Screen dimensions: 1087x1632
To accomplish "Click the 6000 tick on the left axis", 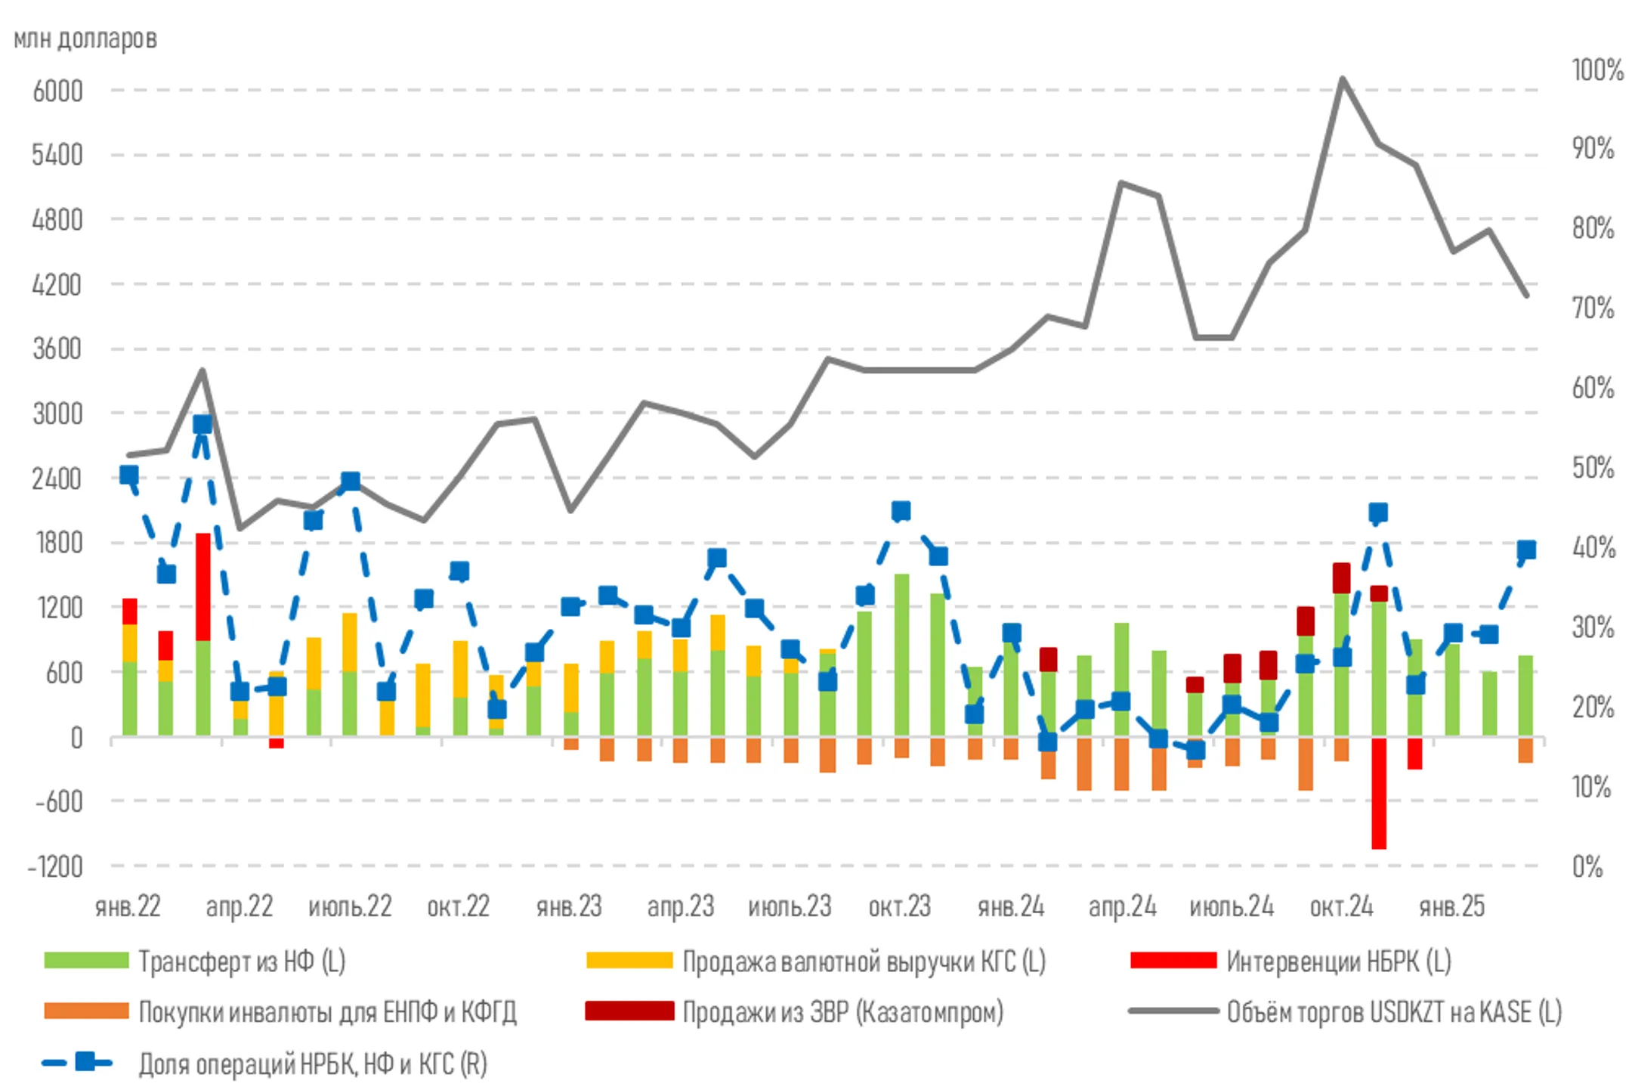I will pos(57,91).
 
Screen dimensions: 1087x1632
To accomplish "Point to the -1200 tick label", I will pos(54,866).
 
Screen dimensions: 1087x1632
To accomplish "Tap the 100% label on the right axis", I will pos(1597,70).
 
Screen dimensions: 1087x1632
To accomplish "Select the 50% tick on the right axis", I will pos(1593,468).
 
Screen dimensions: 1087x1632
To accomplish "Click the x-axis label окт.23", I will pos(899,906).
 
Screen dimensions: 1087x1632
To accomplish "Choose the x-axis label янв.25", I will pos(1451,906).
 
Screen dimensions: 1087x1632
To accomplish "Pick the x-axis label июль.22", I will pos(350,906).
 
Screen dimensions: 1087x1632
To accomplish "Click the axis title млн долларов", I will pos(85,39).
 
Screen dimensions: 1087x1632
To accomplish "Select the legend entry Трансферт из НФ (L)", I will pos(241,962).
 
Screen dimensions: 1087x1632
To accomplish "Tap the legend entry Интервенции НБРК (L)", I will pos(1338,962).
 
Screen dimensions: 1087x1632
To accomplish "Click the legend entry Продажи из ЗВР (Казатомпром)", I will pos(842,1012).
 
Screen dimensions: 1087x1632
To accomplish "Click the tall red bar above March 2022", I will pos(202,587).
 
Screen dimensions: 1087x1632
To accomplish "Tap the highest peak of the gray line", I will pos(1342,78).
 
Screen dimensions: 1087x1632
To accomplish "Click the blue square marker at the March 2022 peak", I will pos(202,425).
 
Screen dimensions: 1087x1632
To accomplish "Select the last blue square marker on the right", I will pos(1526,550).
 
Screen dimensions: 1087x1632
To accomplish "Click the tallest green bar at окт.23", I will pos(901,655).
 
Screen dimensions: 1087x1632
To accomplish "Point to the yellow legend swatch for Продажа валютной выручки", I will pos(629,962).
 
